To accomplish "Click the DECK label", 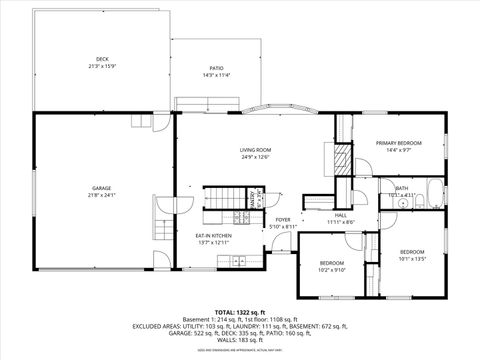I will point(102,59).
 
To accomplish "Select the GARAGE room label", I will point(102,187).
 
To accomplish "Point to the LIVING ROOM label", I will point(255,150).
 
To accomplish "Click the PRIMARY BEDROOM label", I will point(398,143).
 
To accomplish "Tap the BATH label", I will point(401,187).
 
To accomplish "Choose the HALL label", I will point(340,215).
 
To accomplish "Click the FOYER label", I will point(283,220).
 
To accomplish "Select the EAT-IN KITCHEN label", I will point(213,236).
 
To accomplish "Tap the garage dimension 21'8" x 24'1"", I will point(102,195).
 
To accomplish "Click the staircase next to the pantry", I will point(220,205).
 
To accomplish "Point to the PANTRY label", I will point(256,196).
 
